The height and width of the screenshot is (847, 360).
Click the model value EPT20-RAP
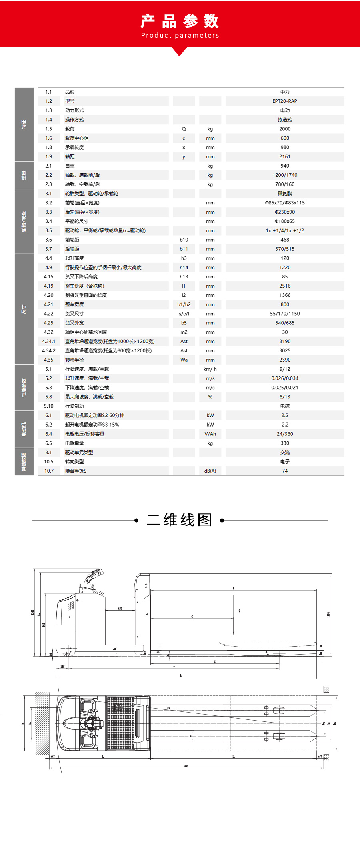click(x=284, y=101)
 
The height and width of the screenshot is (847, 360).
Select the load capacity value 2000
click(x=284, y=129)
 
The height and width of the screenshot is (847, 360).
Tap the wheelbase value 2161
click(x=284, y=156)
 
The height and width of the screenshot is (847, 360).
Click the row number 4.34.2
click(x=49, y=350)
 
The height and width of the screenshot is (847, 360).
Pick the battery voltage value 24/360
click(x=284, y=434)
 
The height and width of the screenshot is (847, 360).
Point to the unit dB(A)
click(x=210, y=471)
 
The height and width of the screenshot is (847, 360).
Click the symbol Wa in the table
click(x=184, y=360)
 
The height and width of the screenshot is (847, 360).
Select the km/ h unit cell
click(x=210, y=369)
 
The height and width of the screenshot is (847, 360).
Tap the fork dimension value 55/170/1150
click(x=284, y=314)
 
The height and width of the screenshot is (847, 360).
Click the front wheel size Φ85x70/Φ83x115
click(x=284, y=203)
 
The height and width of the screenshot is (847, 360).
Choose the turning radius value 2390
click(x=284, y=360)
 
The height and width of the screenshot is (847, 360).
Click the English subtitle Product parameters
click(x=180, y=35)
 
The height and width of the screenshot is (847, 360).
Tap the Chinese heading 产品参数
click(x=180, y=21)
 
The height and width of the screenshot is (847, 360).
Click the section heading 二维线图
click(x=180, y=520)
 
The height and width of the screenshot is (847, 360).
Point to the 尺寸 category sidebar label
click(x=24, y=309)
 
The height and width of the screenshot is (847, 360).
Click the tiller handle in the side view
click(x=94, y=575)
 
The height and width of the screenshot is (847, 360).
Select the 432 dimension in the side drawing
click(x=120, y=608)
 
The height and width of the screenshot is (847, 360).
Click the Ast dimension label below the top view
click(x=186, y=766)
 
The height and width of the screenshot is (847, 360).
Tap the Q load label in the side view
click(x=239, y=611)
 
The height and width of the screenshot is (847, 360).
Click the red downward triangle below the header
click(x=180, y=51)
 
